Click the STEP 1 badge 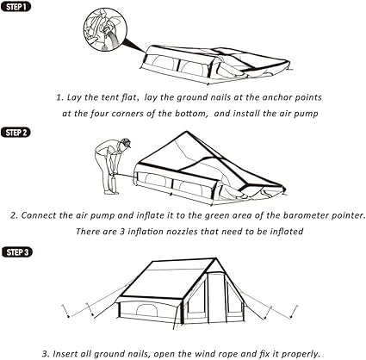pos(16,6)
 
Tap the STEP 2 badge pos(16,133)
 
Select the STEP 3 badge pos(16,251)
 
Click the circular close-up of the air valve pos(105,29)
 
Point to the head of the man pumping pos(125,143)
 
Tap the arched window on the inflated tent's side pos(147,310)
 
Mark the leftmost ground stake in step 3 pos(65,311)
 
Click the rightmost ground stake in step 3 pos(294,312)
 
